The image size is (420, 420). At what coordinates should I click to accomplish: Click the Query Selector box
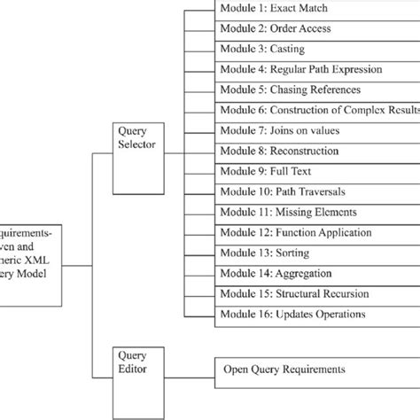point(138,136)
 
